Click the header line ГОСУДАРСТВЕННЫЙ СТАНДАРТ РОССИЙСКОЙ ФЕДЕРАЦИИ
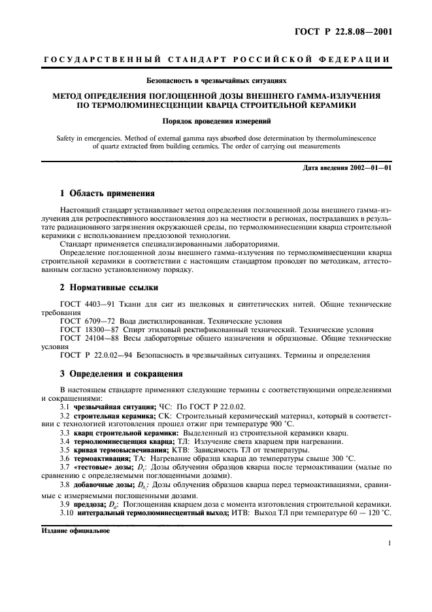pos(216,60)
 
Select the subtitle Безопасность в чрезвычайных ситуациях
pos(216,81)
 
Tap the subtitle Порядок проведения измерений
pos(216,121)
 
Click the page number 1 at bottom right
pos(389,543)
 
